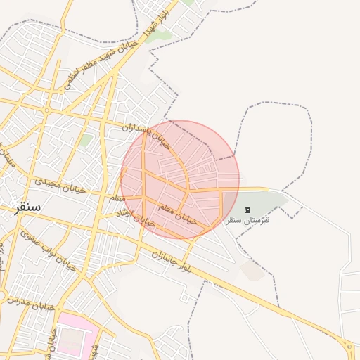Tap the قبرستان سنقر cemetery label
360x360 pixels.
(248, 221)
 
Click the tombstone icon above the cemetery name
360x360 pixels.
(247, 209)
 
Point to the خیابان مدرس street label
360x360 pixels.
(32, 303)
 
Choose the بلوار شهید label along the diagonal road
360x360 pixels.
(156, 23)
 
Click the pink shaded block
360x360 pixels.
(74, 337)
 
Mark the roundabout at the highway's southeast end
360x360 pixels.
(349, 346)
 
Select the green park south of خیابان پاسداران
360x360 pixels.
(86, 140)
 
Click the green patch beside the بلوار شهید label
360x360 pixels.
(160, 36)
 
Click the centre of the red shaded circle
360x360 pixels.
(180, 179)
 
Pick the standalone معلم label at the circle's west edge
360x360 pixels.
(117, 199)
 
